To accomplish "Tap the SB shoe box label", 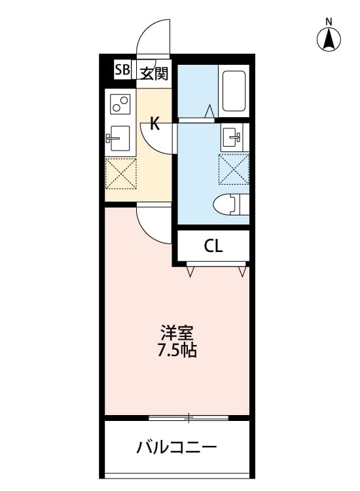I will [x=122, y=71].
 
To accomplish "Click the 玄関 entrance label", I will [x=154, y=71].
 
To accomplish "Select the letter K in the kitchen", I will [x=154, y=123].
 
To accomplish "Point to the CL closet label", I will [x=213, y=246].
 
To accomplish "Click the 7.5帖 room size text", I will [x=176, y=350].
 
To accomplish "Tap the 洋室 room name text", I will [x=176, y=332].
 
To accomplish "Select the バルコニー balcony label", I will [x=176, y=448].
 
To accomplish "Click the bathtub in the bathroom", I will [x=234, y=91].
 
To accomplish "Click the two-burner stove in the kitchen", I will [x=120, y=104].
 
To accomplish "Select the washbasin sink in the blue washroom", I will [x=234, y=137].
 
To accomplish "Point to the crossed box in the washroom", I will [x=234, y=169].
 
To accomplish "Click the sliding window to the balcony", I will [x=189, y=417].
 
